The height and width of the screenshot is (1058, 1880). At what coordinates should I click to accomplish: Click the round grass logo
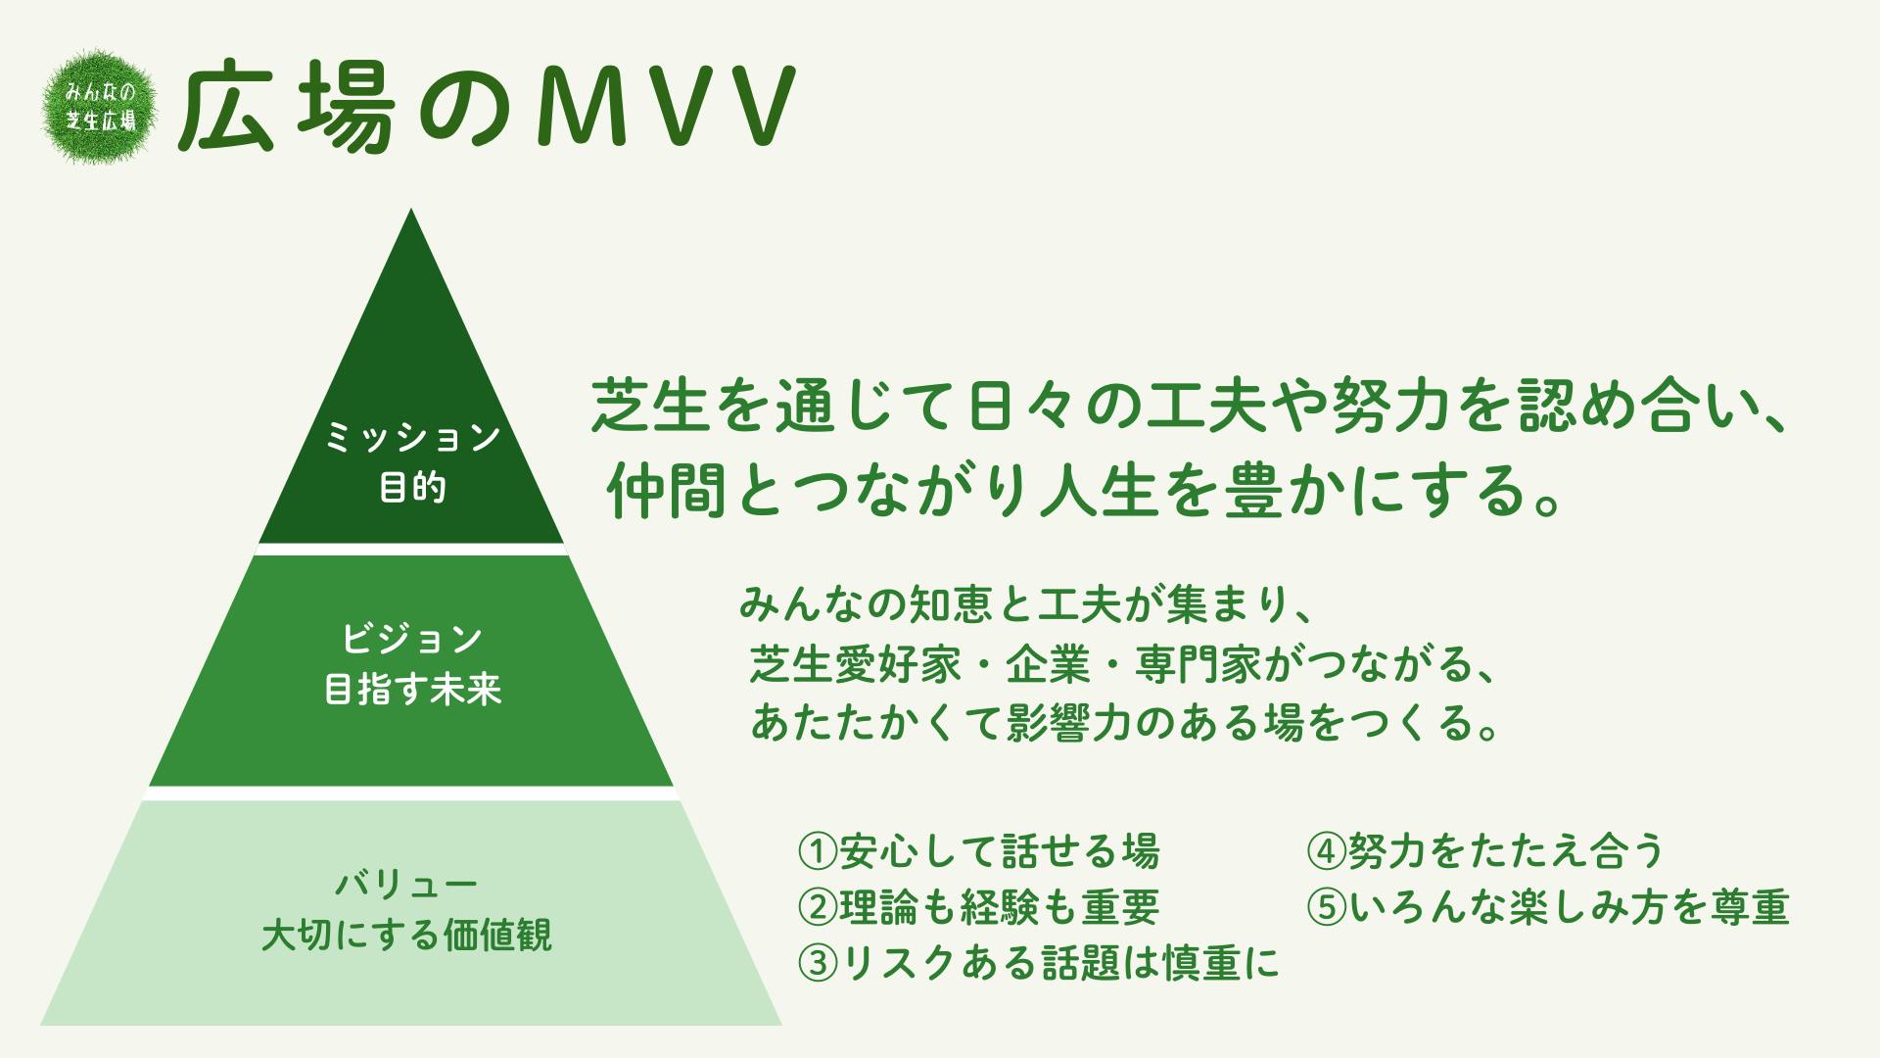[x=100, y=107]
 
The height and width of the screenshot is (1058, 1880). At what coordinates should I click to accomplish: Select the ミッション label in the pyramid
[x=412, y=437]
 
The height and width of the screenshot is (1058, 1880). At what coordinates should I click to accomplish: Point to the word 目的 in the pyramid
[x=412, y=487]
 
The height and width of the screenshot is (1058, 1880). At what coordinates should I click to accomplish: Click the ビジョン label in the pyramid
[x=412, y=639]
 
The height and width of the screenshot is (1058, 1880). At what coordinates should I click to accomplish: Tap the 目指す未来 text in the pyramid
[x=412, y=690]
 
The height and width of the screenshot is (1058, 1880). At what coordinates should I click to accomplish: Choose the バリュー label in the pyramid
[x=406, y=884]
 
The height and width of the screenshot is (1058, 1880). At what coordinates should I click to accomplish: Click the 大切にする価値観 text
[x=406, y=935]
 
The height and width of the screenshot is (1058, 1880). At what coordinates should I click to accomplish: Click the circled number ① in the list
[x=818, y=851]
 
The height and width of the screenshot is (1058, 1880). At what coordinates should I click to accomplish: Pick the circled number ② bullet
[x=818, y=908]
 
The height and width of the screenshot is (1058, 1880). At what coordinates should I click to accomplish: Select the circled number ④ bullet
[x=1327, y=851]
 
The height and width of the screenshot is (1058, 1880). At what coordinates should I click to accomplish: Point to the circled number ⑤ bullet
[x=1327, y=908]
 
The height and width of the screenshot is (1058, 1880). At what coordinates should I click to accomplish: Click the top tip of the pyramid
[x=411, y=210]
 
